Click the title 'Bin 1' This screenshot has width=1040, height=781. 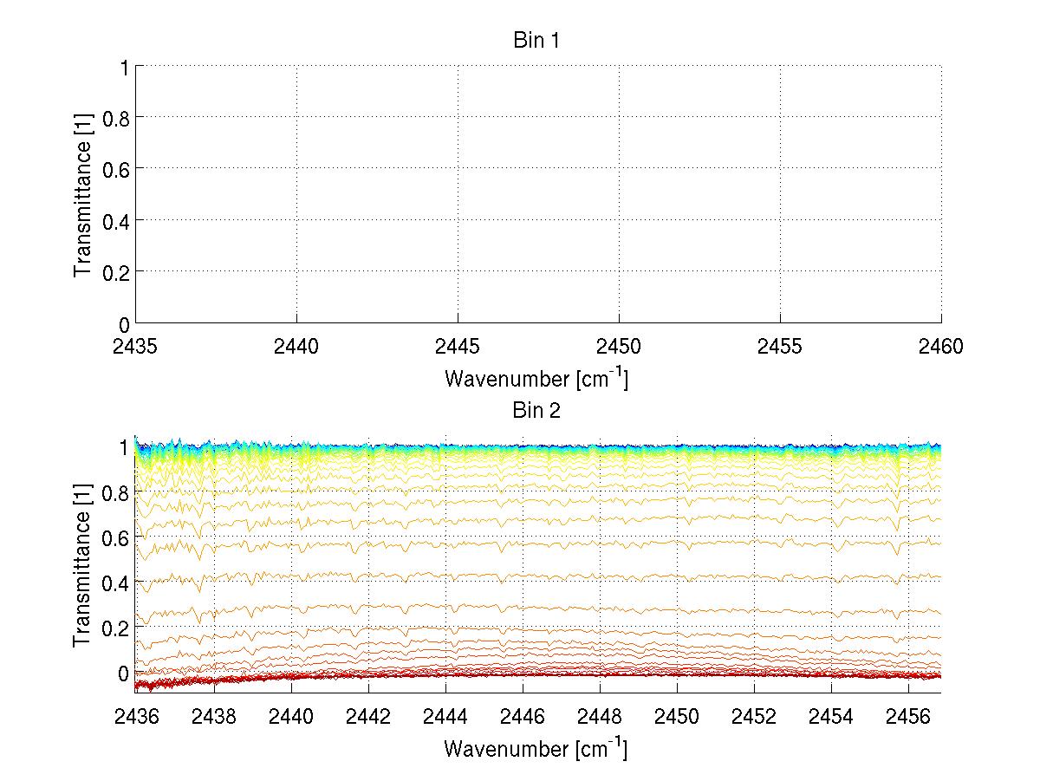click(x=537, y=41)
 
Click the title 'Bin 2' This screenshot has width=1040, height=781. click(x=537, y=411)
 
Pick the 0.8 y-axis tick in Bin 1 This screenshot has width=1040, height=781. click(x=115, y=117)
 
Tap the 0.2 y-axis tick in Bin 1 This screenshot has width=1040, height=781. click(x=115, y=271)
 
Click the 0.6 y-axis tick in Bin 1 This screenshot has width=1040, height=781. click(x=115, y=168)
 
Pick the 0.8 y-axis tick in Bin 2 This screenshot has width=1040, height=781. click(x=115, y=492)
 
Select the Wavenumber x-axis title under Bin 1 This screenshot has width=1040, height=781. click(x=537, y=379)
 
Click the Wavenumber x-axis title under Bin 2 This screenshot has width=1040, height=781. click(x=537, y=748)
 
